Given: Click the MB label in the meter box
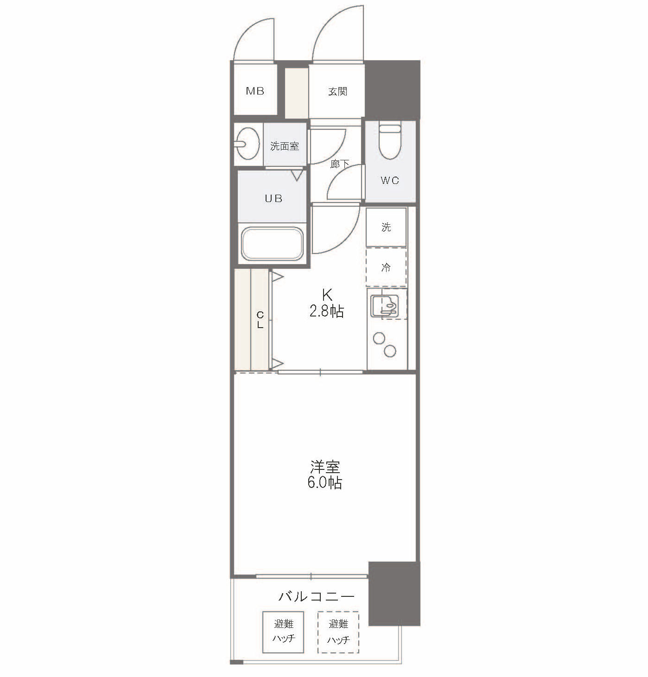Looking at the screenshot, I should coord(255,91).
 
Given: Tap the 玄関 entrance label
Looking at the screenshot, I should coord(337,91).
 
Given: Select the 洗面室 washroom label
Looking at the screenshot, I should coord(285,146).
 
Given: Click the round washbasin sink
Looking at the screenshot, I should coord(247,143).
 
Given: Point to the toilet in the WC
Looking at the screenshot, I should coord(389,142).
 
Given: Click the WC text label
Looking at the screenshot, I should coord(390,180).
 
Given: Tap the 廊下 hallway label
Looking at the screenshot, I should coord(340,164).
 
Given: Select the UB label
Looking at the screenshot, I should coord(273,198).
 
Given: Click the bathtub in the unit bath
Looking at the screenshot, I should coord(273,243).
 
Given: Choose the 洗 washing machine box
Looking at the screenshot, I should coord(386,227).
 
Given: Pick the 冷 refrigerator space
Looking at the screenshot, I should coord(386,267).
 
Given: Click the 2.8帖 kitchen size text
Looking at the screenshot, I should coord(327,311).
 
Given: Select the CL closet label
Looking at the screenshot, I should coord(260,320).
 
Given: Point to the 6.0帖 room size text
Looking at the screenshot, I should coord(324,483).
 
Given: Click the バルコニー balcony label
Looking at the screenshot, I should coord(317,596).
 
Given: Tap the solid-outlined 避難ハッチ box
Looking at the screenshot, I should coord(283,632).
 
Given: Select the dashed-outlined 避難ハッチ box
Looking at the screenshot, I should coord(338,632).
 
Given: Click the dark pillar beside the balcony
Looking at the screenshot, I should coord(394,593).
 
